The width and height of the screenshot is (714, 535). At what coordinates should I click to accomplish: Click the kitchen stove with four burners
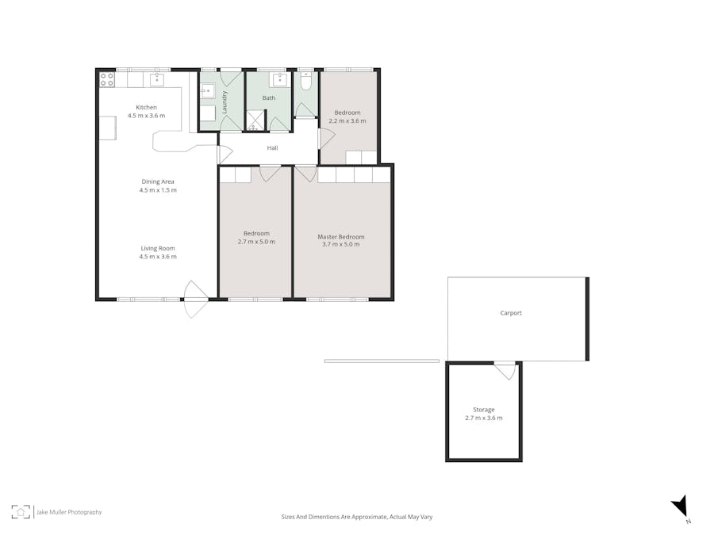(107, 79)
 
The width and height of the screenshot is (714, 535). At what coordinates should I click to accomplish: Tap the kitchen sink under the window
(156, 79)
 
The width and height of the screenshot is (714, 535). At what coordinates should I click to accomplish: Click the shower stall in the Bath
(255, 120)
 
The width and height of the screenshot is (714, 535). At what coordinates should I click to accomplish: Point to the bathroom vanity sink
(280, 79)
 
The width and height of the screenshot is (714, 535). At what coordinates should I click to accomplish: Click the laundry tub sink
(207, 90)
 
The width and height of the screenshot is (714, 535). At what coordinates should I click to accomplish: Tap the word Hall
(272, 148)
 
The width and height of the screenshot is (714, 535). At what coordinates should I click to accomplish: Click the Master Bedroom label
(341, 236)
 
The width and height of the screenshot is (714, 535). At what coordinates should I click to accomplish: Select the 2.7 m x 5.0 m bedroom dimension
(256, 243)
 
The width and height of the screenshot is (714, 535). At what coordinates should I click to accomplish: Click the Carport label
(511, 313)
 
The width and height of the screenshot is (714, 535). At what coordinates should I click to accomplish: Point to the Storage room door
(505, 370)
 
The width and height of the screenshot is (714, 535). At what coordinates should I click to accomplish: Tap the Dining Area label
(158, 182)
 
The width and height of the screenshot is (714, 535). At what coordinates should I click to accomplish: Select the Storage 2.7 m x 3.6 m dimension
(483, 418)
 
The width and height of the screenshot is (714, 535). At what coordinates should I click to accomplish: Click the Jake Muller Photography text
(69, 513)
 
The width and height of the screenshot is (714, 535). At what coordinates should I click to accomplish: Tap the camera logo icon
(21, 512)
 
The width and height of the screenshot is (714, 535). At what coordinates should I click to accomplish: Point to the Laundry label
(225, 103)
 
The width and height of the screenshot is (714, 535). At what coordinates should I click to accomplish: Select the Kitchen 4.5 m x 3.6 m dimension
(146, 116)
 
